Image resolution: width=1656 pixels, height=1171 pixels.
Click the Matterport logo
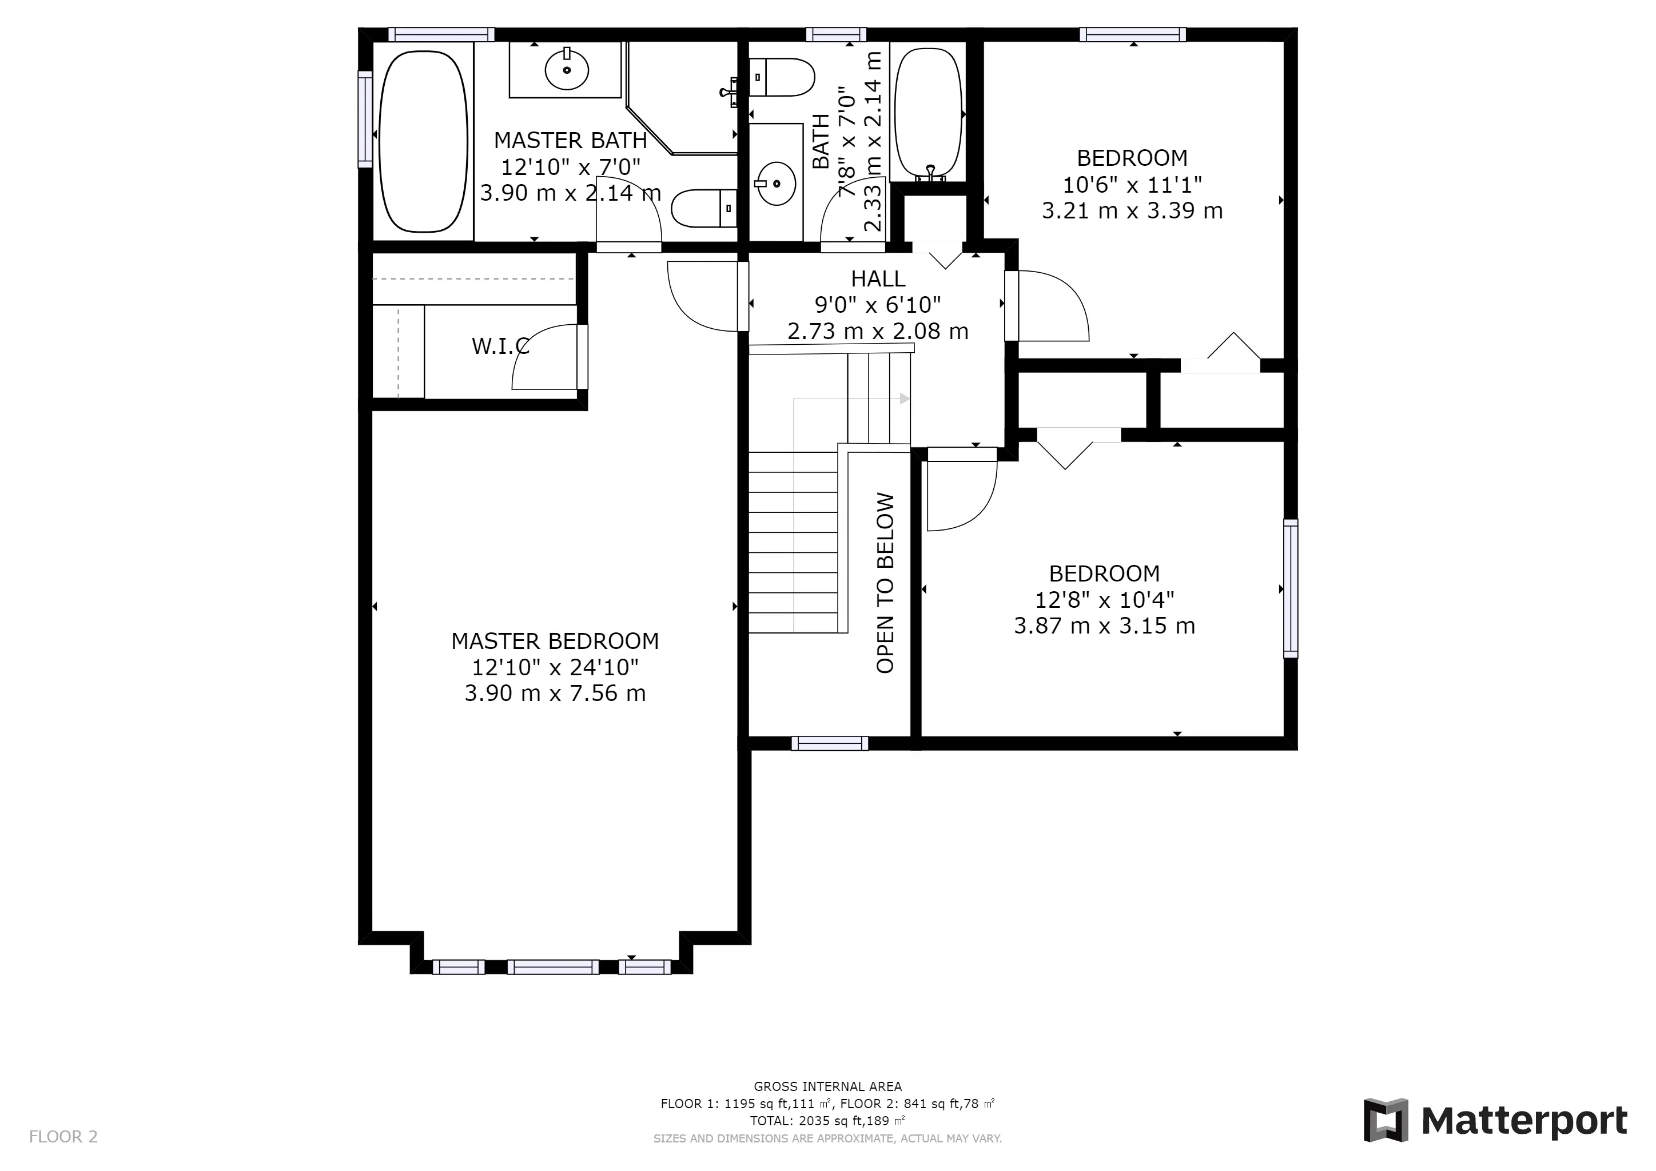pos(1495,1122)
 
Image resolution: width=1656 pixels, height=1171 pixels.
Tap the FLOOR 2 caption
pos(63,1137)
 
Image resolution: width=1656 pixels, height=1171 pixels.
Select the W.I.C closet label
pos(500,346)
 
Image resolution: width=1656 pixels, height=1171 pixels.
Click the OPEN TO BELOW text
pos(885,583)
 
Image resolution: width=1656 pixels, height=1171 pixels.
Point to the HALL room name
pos(878,278)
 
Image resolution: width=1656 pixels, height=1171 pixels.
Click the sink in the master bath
pos(567,70)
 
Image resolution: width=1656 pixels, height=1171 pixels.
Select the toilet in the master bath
pos(704,208)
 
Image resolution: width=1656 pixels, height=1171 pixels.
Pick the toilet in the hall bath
pos(782,77)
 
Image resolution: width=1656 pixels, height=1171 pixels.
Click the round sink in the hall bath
pos(776,183)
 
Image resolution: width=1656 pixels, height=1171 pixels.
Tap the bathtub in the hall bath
pos(928,113)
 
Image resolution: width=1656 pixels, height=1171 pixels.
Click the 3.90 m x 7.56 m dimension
pos(555,693)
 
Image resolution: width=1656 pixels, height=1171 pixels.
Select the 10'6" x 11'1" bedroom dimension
pos(1132,185)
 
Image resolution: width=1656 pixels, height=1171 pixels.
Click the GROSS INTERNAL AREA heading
pos(828,1086)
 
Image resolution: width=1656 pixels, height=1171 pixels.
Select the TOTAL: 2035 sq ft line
pos(828,1121)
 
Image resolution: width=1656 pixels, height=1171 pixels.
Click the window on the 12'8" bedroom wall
pos(1291,588)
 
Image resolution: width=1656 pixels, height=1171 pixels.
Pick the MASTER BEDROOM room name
pos(555,640)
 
